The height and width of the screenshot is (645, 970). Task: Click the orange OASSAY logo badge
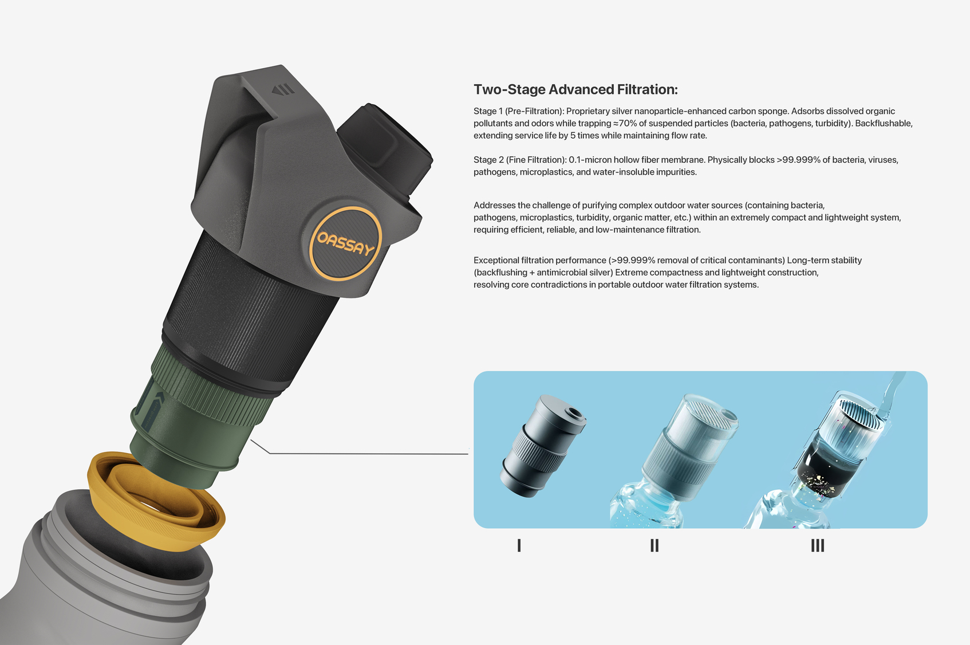click(x=345, y=244)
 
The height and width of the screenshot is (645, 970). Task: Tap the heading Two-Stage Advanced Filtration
click(x=575, y=90)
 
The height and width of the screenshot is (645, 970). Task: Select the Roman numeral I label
click(x=519, y=545)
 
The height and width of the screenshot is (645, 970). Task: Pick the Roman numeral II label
click(x=654, y=545)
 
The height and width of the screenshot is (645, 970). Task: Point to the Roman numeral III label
click(x=818, y=545)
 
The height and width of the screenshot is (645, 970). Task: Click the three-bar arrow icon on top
click(x=283, y=89)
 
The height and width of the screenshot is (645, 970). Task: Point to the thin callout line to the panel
click(x=366, y=453)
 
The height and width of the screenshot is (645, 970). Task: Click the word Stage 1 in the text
click(x=488, y=111)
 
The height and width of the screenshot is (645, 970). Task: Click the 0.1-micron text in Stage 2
click(x=590, y=160)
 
